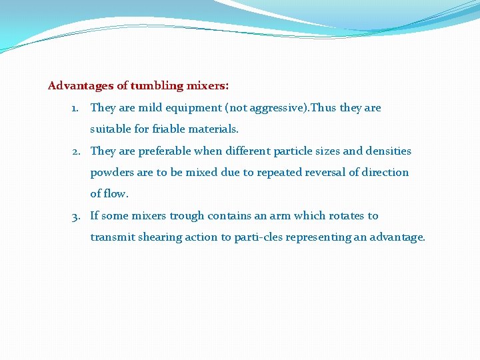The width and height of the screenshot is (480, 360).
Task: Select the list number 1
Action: coord(75,108)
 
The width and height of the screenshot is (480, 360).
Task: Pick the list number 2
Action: coord(76,151)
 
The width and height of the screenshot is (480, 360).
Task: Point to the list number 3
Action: coord(76,216)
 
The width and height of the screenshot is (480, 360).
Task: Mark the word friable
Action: coord(151,129)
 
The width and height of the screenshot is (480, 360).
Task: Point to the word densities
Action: coord(388,151)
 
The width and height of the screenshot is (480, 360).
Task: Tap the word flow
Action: coord(117,194)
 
